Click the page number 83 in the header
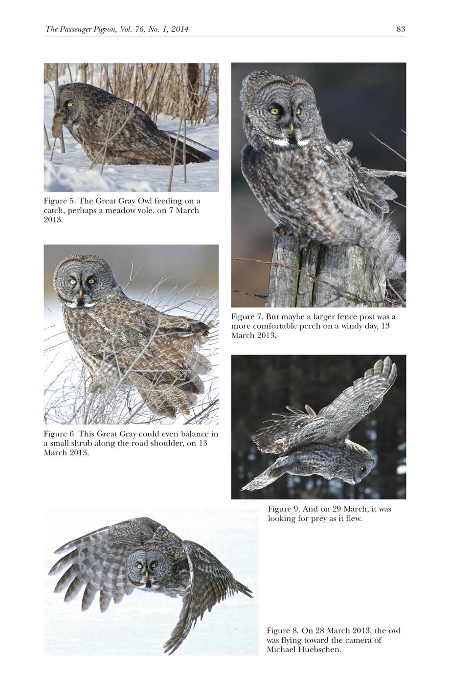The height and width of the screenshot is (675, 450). pyautogui.click(x=401, y=29)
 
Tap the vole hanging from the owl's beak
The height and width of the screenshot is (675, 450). pyautogui.click(x=58, y=122)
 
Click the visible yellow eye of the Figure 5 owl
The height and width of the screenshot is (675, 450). pyautogui.click(x=69, y=105)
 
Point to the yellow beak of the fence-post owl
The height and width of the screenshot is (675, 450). pyautogui.click(x=292, y=128)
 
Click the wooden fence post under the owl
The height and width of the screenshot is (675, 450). pyautogui.click(x=326, y=271)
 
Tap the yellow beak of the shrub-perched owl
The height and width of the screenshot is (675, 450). pyautogui.click(x=81, y=293)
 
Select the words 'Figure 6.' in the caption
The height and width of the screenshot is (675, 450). pyautogui.click(x=60, y=434)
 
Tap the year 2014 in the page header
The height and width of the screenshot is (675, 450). pyautogui.click(x=180, y=29)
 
